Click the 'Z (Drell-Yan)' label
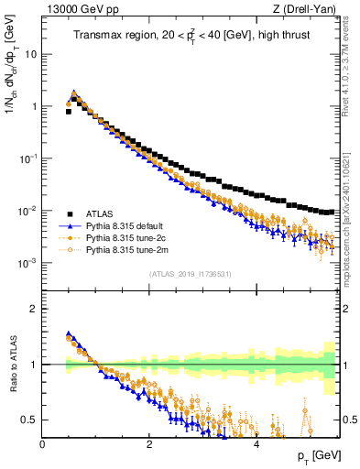tap(304, 9)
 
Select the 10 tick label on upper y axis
tap(31, 53)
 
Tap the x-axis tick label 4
tap(256, 444)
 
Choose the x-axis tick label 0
tap(43, 444)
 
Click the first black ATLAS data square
tap(69, 111)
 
